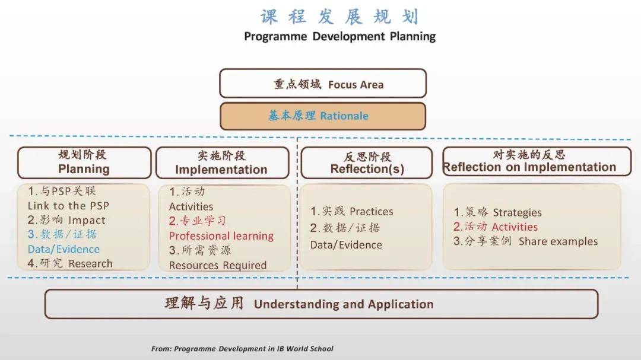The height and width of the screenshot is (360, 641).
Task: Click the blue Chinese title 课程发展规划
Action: pos(339,17)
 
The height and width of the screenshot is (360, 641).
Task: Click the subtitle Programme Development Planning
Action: pos(339,36)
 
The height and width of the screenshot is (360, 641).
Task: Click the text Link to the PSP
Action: pos(68,206)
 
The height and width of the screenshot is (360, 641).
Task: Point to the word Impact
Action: pos(87,220)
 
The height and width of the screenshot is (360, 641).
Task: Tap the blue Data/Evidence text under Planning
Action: pos(64,249)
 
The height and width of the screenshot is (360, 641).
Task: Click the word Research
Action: pos(90,263)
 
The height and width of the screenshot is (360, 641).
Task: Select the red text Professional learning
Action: pos(221,236)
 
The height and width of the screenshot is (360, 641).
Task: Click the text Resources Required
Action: pos(217,265)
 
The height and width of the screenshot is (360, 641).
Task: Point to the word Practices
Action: pos(371,211)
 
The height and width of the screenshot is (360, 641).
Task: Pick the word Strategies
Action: pos(517,212)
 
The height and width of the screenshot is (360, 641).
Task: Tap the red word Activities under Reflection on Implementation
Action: pos(515,227)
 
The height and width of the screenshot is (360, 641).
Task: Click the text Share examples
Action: pos(558,241)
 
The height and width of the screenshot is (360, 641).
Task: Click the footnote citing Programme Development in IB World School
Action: pos(242,349)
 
